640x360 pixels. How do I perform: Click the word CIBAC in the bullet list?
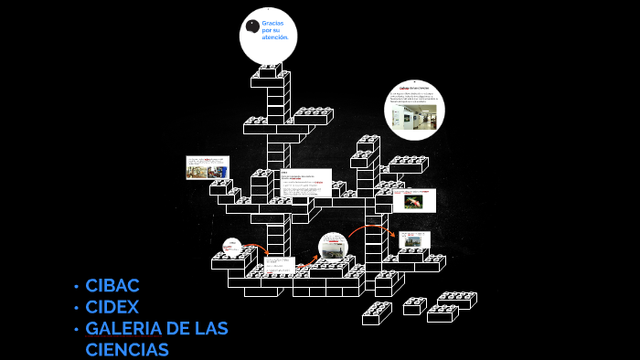click(112, 286)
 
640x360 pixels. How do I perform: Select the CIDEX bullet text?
click(112, 307)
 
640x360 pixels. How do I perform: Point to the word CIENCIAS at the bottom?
click(127, 349)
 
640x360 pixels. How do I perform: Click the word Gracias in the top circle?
click(272, 22)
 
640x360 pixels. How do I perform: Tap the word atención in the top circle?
click(275, 37)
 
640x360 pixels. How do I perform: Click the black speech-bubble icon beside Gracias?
click(252, 26)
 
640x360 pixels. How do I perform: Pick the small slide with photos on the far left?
click(207, 167)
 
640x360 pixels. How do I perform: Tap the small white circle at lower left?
click(232, 246)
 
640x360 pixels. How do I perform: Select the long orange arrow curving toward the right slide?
click(370, 226)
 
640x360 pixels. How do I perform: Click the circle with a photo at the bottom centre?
click(333, 247)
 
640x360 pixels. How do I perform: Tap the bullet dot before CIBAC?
click(77, 287)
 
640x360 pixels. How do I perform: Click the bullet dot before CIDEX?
click(77, 308)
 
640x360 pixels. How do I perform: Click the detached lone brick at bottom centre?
click(376, 313)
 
